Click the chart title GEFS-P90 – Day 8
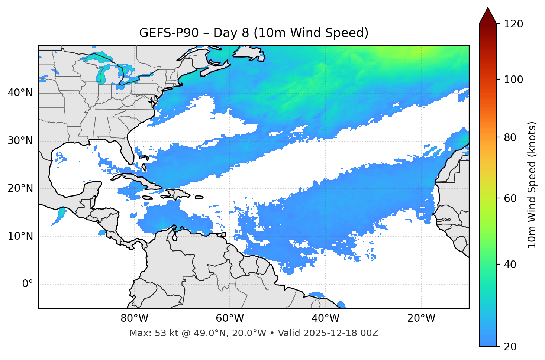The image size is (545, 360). (x=254, y=33)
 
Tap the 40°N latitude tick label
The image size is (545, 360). (x=20, y=93)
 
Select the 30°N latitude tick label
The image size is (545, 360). (x=20, y=141)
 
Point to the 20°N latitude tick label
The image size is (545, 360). (x=20, y=188)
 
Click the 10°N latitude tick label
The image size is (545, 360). (x=20, y=236)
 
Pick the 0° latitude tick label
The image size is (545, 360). (x=28, y=284)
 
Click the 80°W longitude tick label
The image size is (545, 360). (x=134, y=318)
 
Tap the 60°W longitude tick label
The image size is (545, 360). (x=230, y=318)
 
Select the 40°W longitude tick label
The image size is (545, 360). (x=325, y=318)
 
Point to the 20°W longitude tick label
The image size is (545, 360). (x=421, y=318)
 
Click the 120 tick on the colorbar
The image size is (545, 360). (x=513, y=24)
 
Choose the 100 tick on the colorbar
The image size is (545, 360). (x=513, y=80)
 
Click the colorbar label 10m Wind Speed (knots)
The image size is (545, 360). (x=532, y=185)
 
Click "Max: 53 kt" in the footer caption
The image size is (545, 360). (x=147, y=333)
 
